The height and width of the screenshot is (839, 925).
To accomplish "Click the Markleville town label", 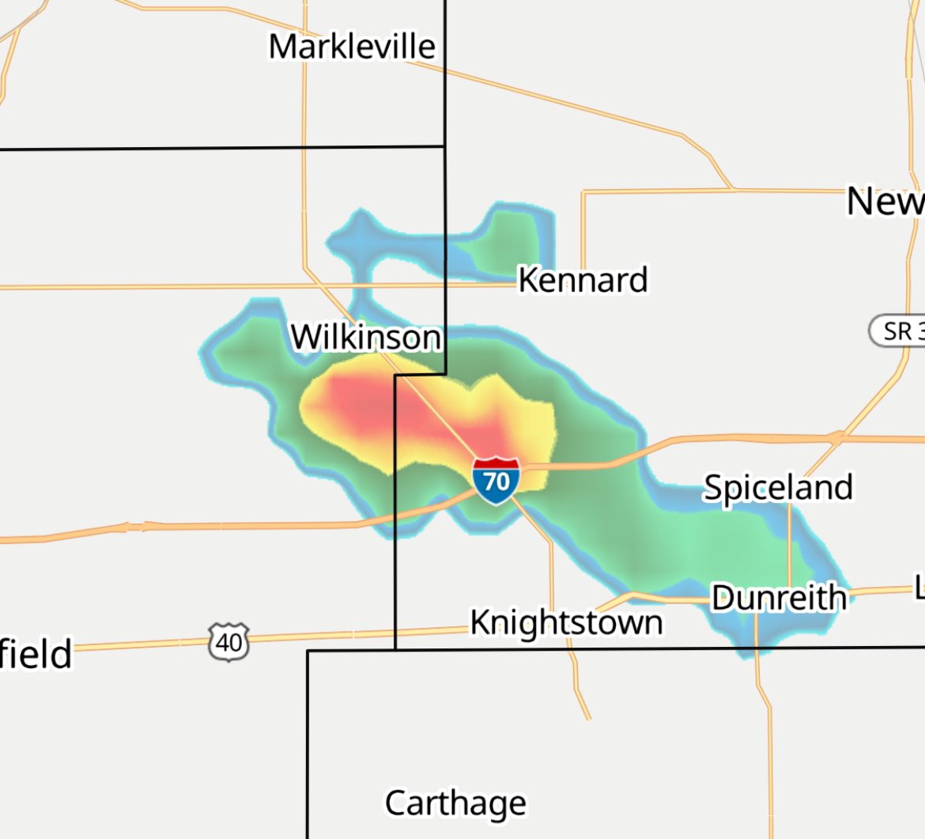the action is [352, 47].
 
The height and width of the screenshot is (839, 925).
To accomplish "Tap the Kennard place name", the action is [583, 280].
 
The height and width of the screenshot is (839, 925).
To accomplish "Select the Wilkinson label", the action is [365, 338].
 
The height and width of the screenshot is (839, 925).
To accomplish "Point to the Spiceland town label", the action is [778, 488].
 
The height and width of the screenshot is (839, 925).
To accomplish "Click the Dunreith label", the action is [779, 598].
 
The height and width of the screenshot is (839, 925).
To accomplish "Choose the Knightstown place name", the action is [566, 622].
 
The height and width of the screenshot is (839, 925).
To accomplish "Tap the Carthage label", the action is [455, 803].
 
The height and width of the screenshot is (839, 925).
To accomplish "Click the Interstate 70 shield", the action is [496, 480].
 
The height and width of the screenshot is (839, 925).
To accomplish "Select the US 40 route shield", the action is [229, 641].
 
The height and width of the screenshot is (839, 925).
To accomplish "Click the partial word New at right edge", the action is [885, 202].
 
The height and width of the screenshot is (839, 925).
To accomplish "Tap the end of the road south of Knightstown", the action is [588, 718].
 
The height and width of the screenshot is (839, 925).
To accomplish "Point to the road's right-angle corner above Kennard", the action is [583, 192].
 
